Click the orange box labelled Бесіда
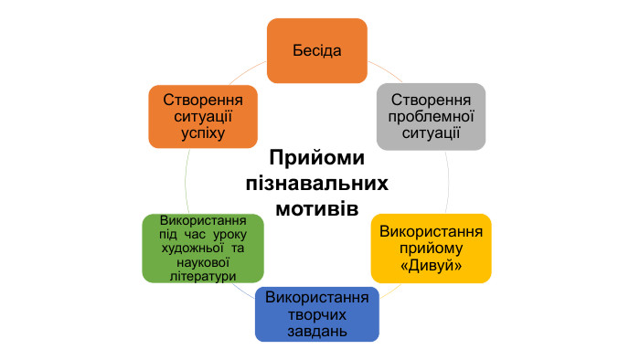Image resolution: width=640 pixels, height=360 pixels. [316, 49]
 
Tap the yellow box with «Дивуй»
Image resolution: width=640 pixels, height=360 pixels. [430, 248]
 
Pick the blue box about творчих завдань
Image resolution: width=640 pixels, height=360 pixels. [316, 314]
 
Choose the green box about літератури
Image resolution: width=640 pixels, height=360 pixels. [202, 249]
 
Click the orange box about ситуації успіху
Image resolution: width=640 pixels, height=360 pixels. [202, 116]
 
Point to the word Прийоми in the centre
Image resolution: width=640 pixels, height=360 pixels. [316, 158]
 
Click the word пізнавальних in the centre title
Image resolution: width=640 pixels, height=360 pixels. [316, 183]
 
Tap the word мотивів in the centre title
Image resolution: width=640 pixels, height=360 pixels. [316, 207]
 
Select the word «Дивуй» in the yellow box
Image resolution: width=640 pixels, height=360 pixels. [430, 265]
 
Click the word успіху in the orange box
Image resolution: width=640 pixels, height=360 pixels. [202, 133]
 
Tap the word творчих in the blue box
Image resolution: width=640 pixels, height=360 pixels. [316, 314]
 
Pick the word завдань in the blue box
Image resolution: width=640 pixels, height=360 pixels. [316, 331]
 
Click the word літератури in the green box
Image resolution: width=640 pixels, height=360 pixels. [202, 275]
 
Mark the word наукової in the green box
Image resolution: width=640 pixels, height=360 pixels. [202, 262]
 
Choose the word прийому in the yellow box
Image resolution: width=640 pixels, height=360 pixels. [430, 248]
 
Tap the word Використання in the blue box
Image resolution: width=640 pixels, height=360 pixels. [316, 298]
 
